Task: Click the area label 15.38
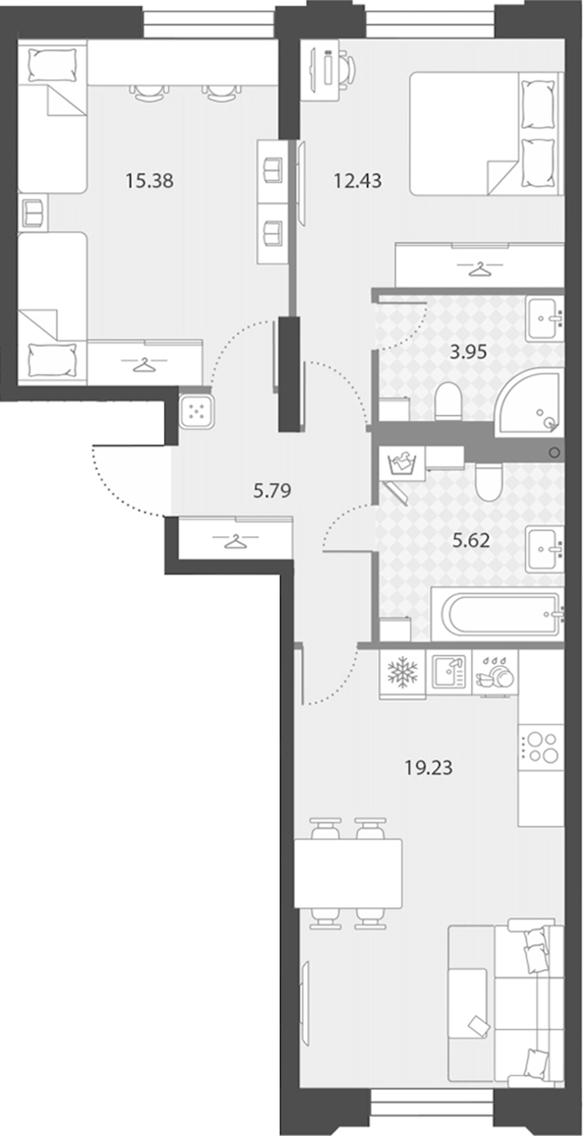[x=149, y=181]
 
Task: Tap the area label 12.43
[x=357, y=181]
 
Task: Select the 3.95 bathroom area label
[x=469, y=352]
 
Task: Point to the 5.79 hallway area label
[x=272, y=491]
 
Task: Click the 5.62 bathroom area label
[x=471, y=540]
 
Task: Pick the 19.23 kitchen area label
[x=429, y=767]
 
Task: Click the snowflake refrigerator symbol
[x=403, y=674]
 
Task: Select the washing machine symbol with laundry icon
[x=402, y=464]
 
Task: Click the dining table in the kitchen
[x=348, y=873]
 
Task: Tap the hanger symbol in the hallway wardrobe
[x=235, y=540]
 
